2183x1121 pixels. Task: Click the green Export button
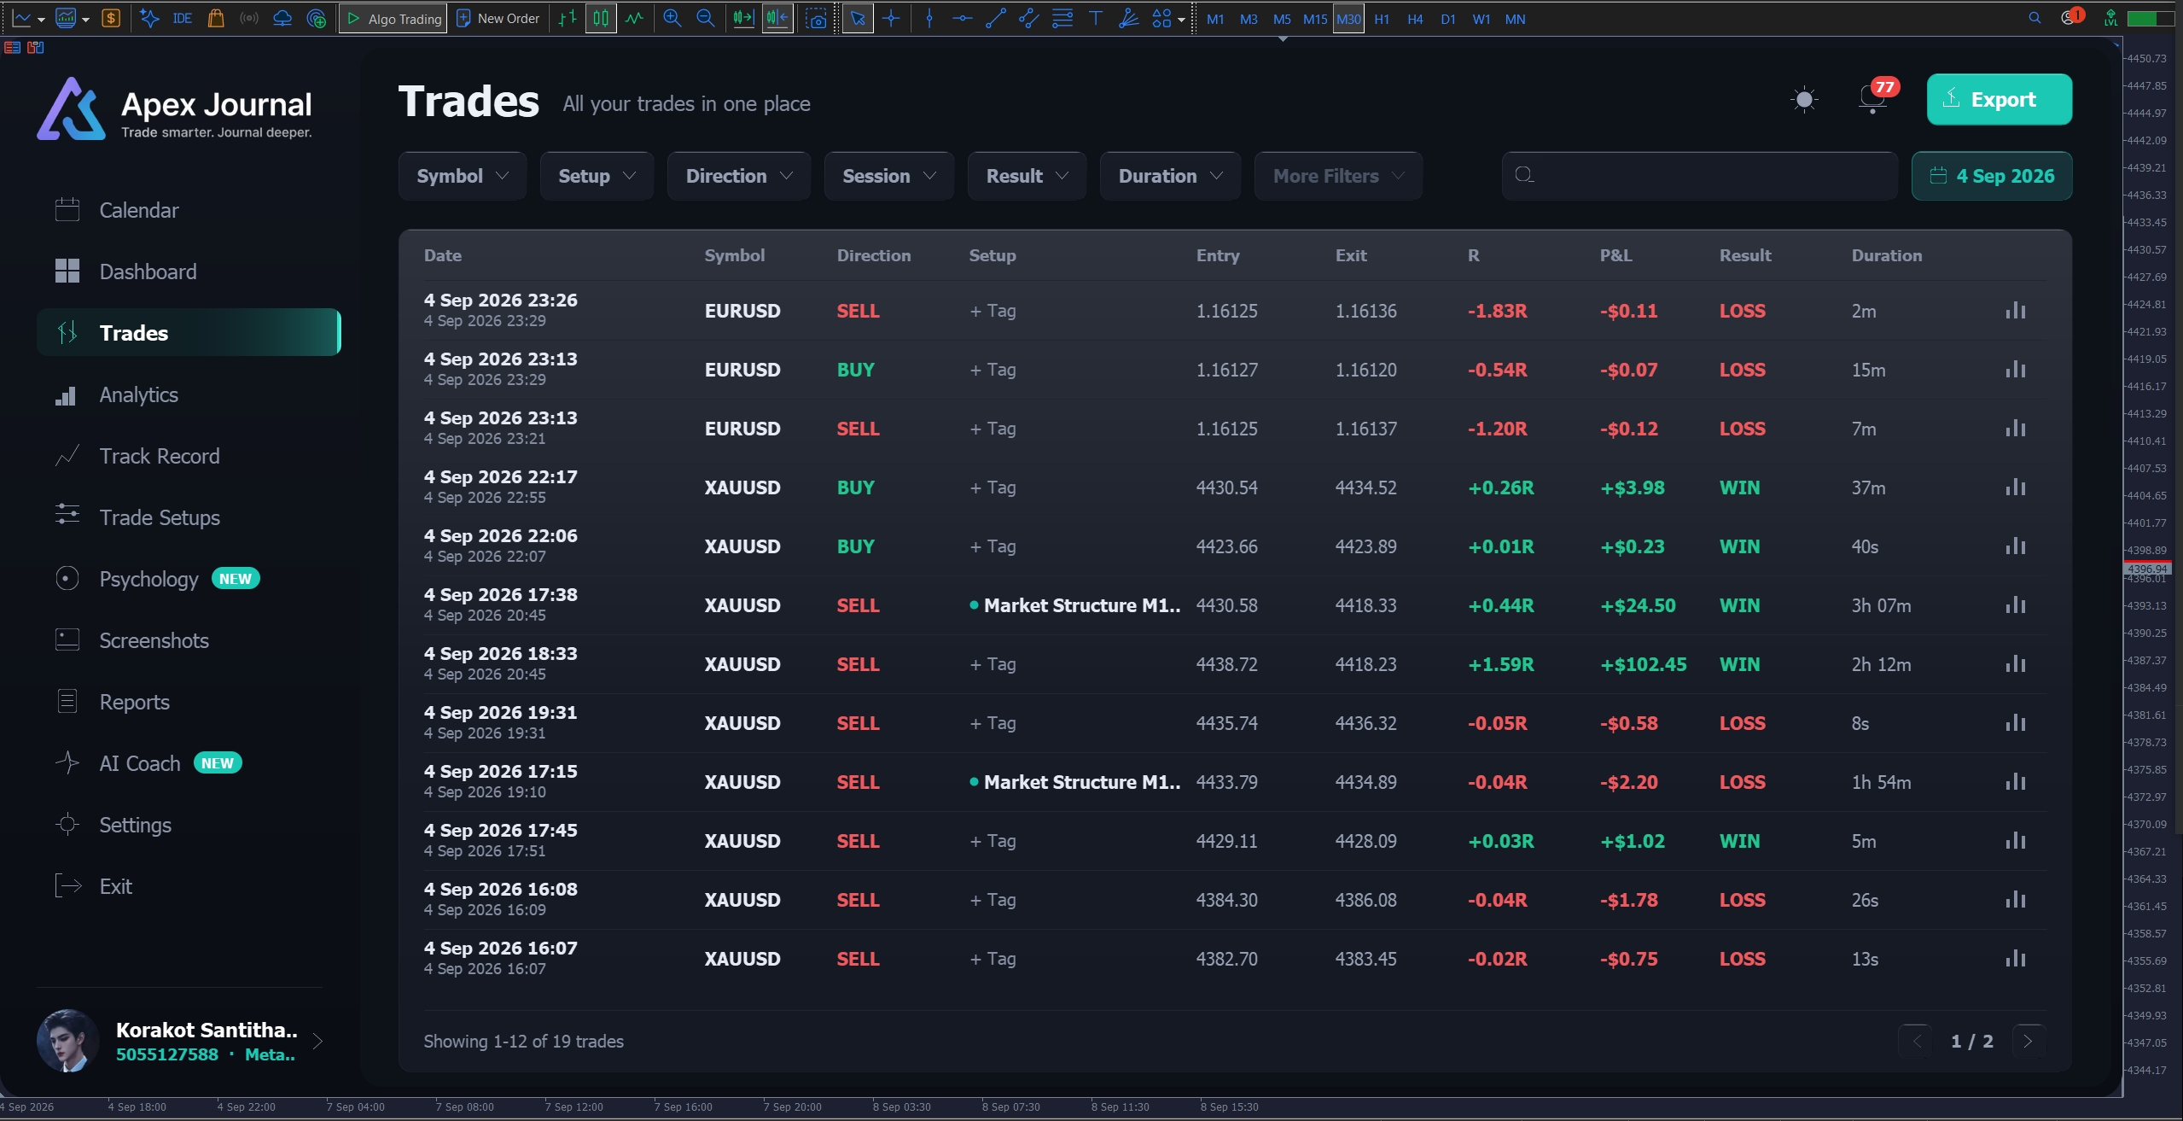(x=1999, y=99)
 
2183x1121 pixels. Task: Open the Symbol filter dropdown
(x=463, y=176)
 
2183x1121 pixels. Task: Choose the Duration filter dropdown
(x=1170, y=176)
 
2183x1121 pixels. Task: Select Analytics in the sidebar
(x=138, y=394)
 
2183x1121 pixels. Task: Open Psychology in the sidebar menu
(x=148, y=579)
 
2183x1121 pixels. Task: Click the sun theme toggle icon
(x=1804, y=100)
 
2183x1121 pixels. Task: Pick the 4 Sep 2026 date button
(x=1992, y=176)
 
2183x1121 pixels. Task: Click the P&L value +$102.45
(x=1643, y=664)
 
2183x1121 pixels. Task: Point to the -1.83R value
(x=1497, y=311)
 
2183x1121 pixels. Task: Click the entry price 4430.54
(x=1226, y=488)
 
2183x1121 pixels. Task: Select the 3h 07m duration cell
(x=1881, y=605)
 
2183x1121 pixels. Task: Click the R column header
(x=1473, y=255)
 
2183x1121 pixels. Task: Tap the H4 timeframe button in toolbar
(x=1415, y=19)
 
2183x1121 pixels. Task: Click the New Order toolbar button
(x=498, y=19)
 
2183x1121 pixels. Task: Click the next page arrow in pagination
(x=2028, y=1041)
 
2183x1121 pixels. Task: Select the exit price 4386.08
(x=1365, y=900)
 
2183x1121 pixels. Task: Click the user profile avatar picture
(x=67, y=1040)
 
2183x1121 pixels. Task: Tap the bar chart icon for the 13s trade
(x=2015, y=958)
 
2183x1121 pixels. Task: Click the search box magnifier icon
(x=1524, y=175)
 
